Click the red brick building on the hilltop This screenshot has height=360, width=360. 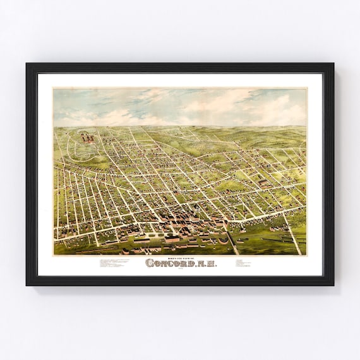88,135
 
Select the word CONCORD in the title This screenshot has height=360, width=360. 169,263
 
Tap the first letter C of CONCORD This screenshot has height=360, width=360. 150,263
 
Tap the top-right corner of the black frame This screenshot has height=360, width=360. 333,64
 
